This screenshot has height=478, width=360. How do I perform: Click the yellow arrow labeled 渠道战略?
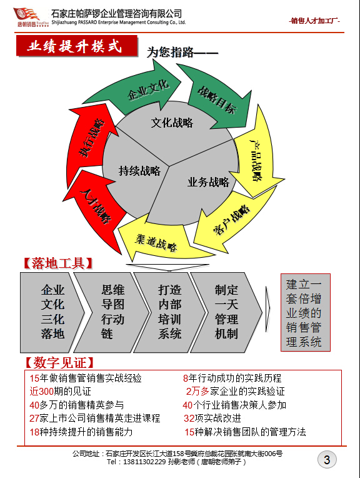(156, 241)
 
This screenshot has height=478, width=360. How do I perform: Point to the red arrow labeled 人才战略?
(94, 207)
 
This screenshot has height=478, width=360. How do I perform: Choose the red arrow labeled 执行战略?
(91, 137)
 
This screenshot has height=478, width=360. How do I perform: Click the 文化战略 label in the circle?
(172, 123)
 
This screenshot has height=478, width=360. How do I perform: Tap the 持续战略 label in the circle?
(139, 171)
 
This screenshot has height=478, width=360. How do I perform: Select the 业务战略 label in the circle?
(208, 182)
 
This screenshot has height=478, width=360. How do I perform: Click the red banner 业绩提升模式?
(76, 46)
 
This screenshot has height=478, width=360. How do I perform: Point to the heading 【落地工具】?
(58, 263)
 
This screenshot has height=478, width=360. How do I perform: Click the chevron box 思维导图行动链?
(112, 312)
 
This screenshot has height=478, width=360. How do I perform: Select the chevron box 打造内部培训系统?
(169, 312)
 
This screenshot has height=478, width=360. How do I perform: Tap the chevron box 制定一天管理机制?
(226, 312)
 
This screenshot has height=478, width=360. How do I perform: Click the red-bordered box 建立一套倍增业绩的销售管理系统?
(305, 312)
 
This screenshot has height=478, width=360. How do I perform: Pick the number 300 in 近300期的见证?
(46, 392)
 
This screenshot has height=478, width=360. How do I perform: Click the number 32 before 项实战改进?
(189, 418)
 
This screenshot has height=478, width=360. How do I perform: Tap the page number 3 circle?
(327, 460)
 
